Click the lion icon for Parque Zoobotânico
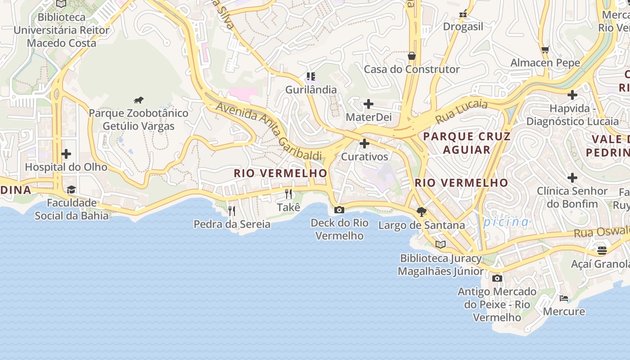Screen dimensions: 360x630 (x=139, y=100)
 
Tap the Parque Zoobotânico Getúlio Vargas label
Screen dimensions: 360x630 (x=139, y=119)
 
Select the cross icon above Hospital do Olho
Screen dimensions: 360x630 (x=66, y=154)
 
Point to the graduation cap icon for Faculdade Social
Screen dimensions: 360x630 (x=71, y=189)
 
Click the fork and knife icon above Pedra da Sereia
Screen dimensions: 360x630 (x=232, y=211)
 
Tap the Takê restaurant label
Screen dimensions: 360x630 (x=288, y=207)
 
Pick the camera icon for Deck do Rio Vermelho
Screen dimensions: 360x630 (x=339, y=210)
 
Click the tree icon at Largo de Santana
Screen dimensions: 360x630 (x=422, y=211)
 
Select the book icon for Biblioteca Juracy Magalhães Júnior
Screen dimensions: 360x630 (x=441, y=245)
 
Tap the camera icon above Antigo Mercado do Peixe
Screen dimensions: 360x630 (x=497, y=278)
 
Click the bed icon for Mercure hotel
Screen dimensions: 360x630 (x=564, y=298)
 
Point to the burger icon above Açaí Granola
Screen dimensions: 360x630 (x=602, y=250)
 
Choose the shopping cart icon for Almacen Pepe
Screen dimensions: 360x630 (x=545, y=50)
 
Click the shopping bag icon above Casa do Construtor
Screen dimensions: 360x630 (x=411, y=56)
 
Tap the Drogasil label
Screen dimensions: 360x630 (x=463, y=27)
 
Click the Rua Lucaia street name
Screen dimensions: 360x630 (x=461, y=112)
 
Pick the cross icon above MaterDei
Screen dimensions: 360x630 (x=369, y=104)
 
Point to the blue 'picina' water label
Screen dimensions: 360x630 (x=507, y=222)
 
